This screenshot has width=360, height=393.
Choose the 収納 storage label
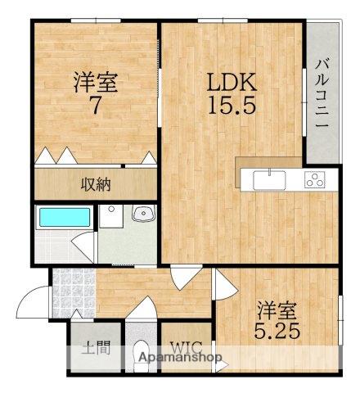(94, 184)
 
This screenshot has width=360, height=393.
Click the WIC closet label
(185, 346)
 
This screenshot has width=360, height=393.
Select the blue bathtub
(64, 218)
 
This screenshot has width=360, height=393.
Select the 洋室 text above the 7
(94, 83)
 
